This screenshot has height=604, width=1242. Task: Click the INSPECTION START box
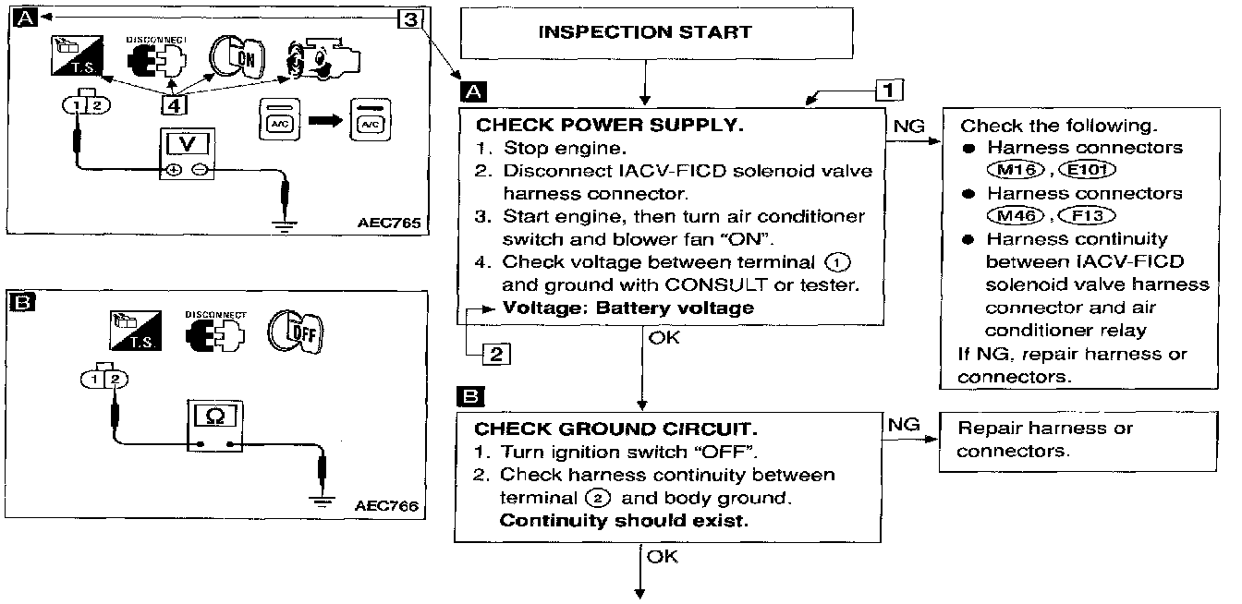pyautogui.click(x=656, y=32)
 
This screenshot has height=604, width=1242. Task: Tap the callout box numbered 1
pyautogui.click(x=889, y=90)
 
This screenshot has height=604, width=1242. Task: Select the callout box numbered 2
pyautogui.click(x=496, y=354)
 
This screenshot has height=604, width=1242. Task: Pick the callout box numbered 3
pyautogui.click(x=411, y=18)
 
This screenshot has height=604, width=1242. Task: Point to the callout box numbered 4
pyautogui.click(x=174, y=104)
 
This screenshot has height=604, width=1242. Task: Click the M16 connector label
pyautogui.click(x=1016, y=170)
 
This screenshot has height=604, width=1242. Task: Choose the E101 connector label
pyautogui.click(x=1087, y=170)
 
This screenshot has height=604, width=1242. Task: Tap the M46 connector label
pyautogui.click(x=1016, y=215)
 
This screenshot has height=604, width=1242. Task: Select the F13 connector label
pyautogui.click(x=1087, y=215)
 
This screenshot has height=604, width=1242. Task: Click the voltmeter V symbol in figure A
pyautogui.click(x=188, y=144)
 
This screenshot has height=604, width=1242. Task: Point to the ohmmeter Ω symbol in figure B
pyautogui.click(x=215, y=416)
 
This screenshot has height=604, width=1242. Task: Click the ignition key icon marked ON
pyautogui.click(x=237, y=57)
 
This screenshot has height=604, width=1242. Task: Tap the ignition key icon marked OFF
pyautogui.click(x=296, y=332)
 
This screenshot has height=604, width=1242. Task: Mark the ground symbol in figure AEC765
pyautogui.click(x=284, y=225)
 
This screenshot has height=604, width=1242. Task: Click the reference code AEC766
pyautogui.click(x=386, y=505)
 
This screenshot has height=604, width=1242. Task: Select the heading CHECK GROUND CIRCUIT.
pyautogui.click(x=615, y=429)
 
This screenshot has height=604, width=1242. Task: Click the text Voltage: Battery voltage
pyautogui.click(x=628, y=308)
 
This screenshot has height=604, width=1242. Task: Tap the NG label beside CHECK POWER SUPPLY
pyautogui.click(x=908, y=127)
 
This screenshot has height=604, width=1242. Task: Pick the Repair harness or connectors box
pyautogui.click(x=1078, y=441)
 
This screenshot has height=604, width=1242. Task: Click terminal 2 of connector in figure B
pyautogui.click(x=115, y=379)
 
